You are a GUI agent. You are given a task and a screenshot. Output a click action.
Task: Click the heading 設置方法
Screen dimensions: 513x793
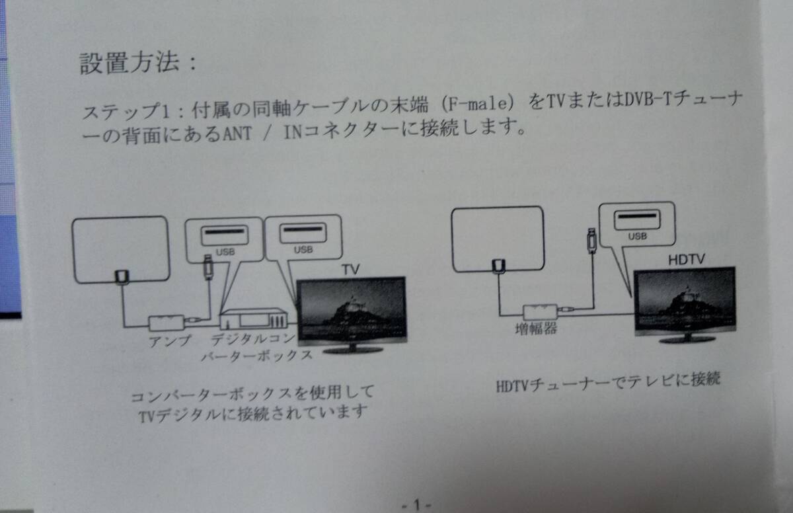click(130, 63)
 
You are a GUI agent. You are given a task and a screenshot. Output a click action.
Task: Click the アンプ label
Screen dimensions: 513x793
click(169, 341)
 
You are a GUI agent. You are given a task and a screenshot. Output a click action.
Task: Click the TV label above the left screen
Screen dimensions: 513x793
click(350, 270)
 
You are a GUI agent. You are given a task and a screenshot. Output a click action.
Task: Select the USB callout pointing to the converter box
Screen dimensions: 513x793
click(224, 239)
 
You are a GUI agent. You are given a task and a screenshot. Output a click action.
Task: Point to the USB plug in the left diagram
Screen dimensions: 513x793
click(208, 266)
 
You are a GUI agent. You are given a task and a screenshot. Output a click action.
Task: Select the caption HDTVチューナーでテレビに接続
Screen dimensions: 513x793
click(607, 383)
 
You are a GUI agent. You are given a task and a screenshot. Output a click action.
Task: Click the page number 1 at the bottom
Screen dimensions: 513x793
click(416, 505)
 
